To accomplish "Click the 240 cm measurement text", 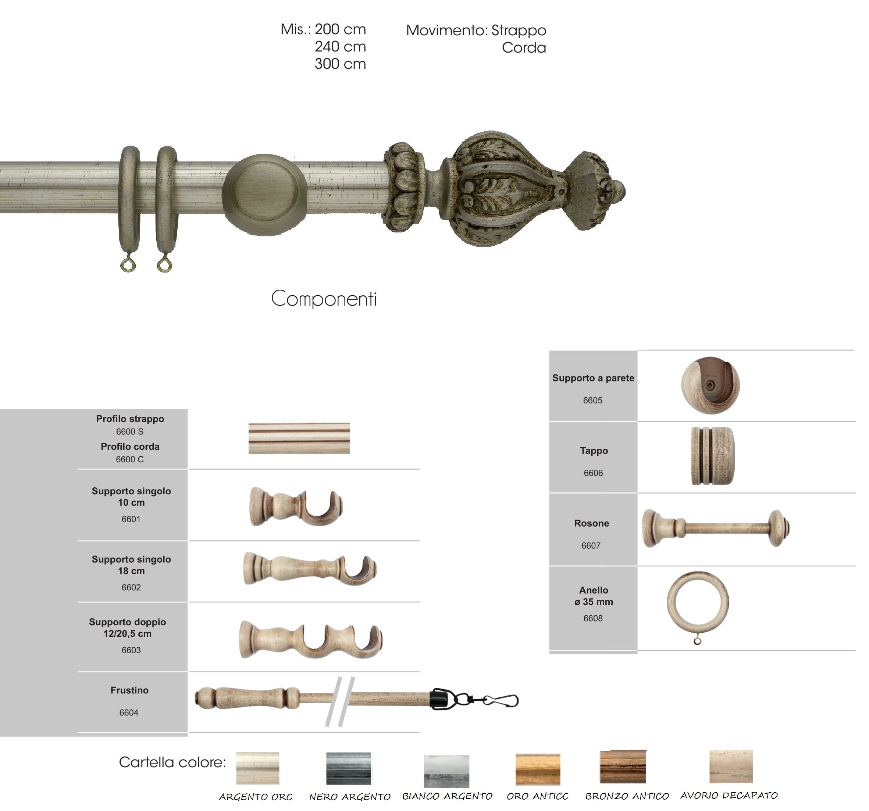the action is pyautogui.click(x=340, y=46).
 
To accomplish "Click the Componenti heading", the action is pyautogui.click(x=324, y=299).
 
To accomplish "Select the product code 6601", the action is pyautogui.click(x=131, y=519).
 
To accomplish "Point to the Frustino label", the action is pyautogui.click(x=129, y=690).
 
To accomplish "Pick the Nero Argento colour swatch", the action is pyautogui.click(x=348, y=768).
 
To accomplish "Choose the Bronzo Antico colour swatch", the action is pyautogui.click(x=623, y=767).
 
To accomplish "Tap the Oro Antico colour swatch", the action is pyautogui.click(x=538, y=769).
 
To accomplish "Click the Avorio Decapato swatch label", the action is pyautogui.click(x=729, y=795).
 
